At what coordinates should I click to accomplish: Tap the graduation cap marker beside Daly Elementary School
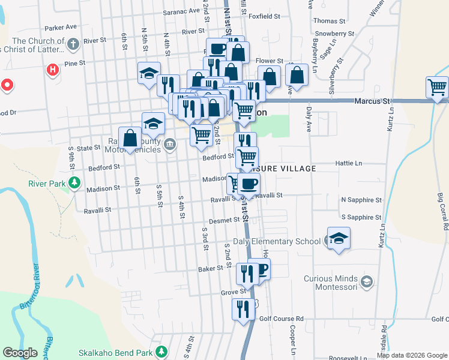pyautogui.click(x=339, y=238)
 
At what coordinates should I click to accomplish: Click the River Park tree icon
pyautogui.click(x=74, y=181)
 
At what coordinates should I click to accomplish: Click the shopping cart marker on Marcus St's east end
pyautogui.click(x=438, y=88)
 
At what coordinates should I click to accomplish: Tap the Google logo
pyautogui.click(x=20, y=353)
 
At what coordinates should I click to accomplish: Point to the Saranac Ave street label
pyautogui.click(x=181, y=11)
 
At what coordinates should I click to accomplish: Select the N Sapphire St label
pyautogui.click(x=361, y=200)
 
